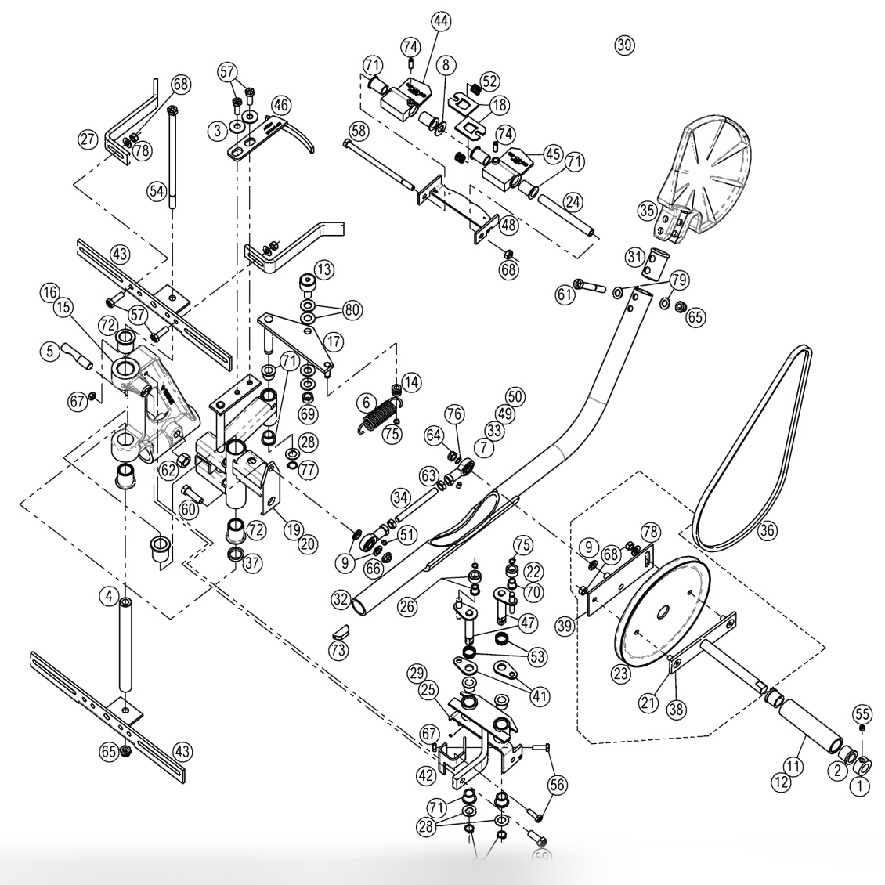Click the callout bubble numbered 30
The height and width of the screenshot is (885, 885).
tap(624, 45)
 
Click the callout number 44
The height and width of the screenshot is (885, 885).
tap(440, 21)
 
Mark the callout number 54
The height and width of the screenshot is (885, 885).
tap(158, 190)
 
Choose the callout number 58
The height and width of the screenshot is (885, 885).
tap(358, 128)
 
